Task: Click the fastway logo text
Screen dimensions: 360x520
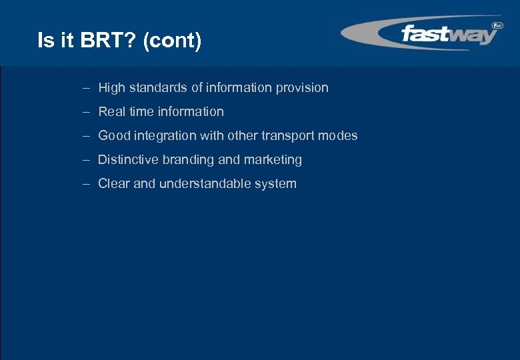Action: (448, 33)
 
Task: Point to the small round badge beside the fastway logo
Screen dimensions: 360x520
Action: (496, 26)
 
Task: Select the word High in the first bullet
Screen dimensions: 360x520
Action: (111, 88)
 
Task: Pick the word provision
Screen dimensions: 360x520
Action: (303, 88)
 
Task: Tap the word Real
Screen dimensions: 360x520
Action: (111, 112)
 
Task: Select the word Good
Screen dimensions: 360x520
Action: (113, 136)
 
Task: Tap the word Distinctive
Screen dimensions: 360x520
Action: (128, 160)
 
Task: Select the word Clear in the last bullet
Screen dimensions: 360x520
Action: (113, 184)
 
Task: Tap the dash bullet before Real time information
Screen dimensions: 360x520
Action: (87, 112)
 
